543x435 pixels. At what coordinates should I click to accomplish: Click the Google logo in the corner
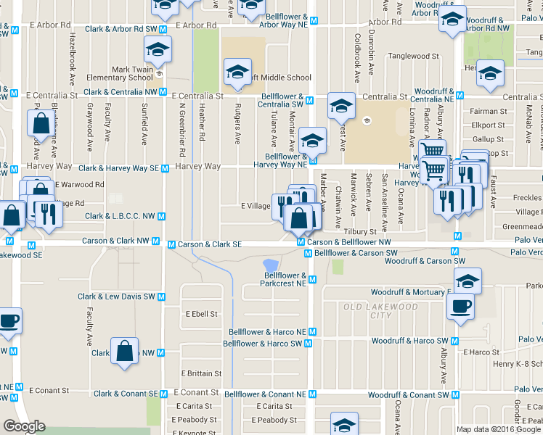[25, 426]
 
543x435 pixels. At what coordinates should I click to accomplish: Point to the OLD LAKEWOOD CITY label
[380, 311]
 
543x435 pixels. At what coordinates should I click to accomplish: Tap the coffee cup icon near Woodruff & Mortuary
[462, 306]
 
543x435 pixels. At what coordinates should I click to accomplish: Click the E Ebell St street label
[201, 314]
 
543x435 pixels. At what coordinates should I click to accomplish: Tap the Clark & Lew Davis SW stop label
[117, 297]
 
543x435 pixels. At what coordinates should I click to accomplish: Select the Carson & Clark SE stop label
[210, 244]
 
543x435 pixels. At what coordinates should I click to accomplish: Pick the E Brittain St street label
[201, 373]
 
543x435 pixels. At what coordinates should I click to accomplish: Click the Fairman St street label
[489, 111]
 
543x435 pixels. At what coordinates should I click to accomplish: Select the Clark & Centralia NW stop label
[121, 92]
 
